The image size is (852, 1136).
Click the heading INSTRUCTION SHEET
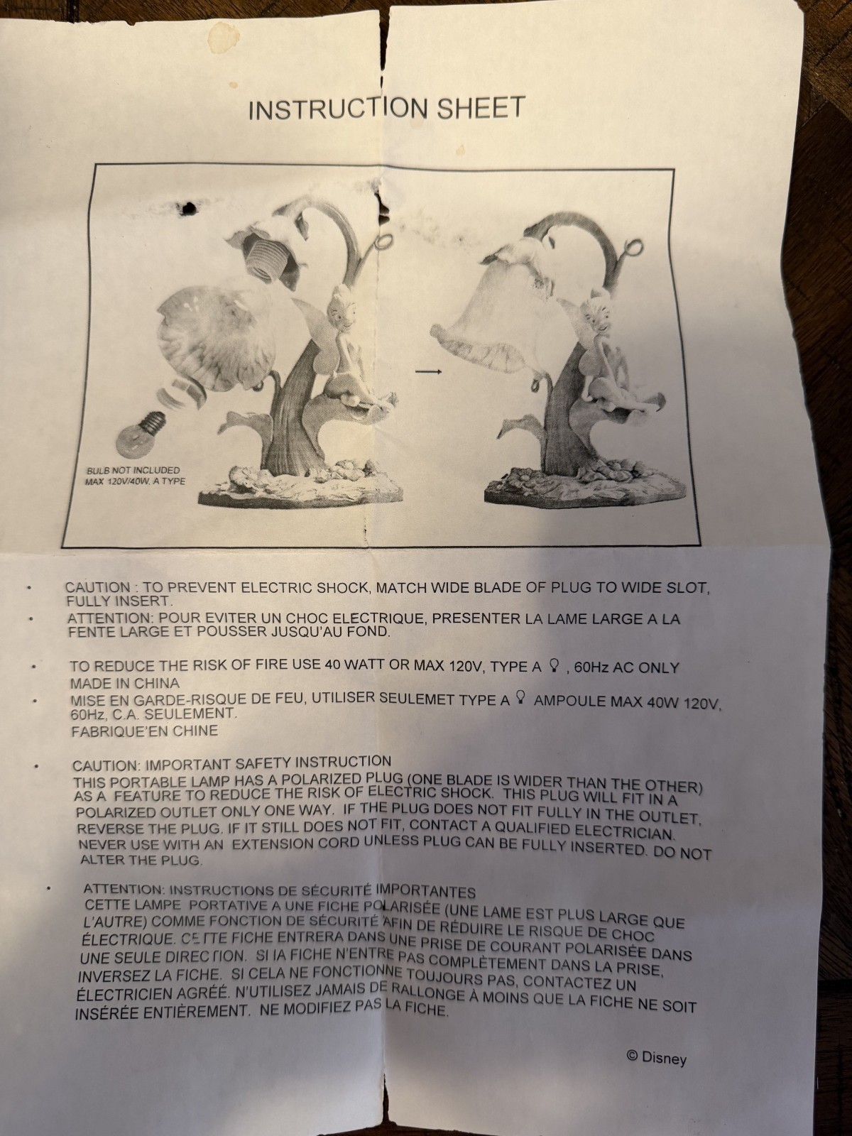pyautogui.click(x=386, y=109)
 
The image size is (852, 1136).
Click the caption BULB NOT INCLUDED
pyautogui.click(x=133, y=471)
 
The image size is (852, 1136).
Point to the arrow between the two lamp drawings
pyautogui.click(x=429, y=371)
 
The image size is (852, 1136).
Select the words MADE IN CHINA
pyautogui.click(x=125, y=682)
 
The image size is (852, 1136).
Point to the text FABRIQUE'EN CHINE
pyautogui.click(x=145, y=731)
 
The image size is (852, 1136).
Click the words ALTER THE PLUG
pyautogui.click(x=140, y=860)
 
